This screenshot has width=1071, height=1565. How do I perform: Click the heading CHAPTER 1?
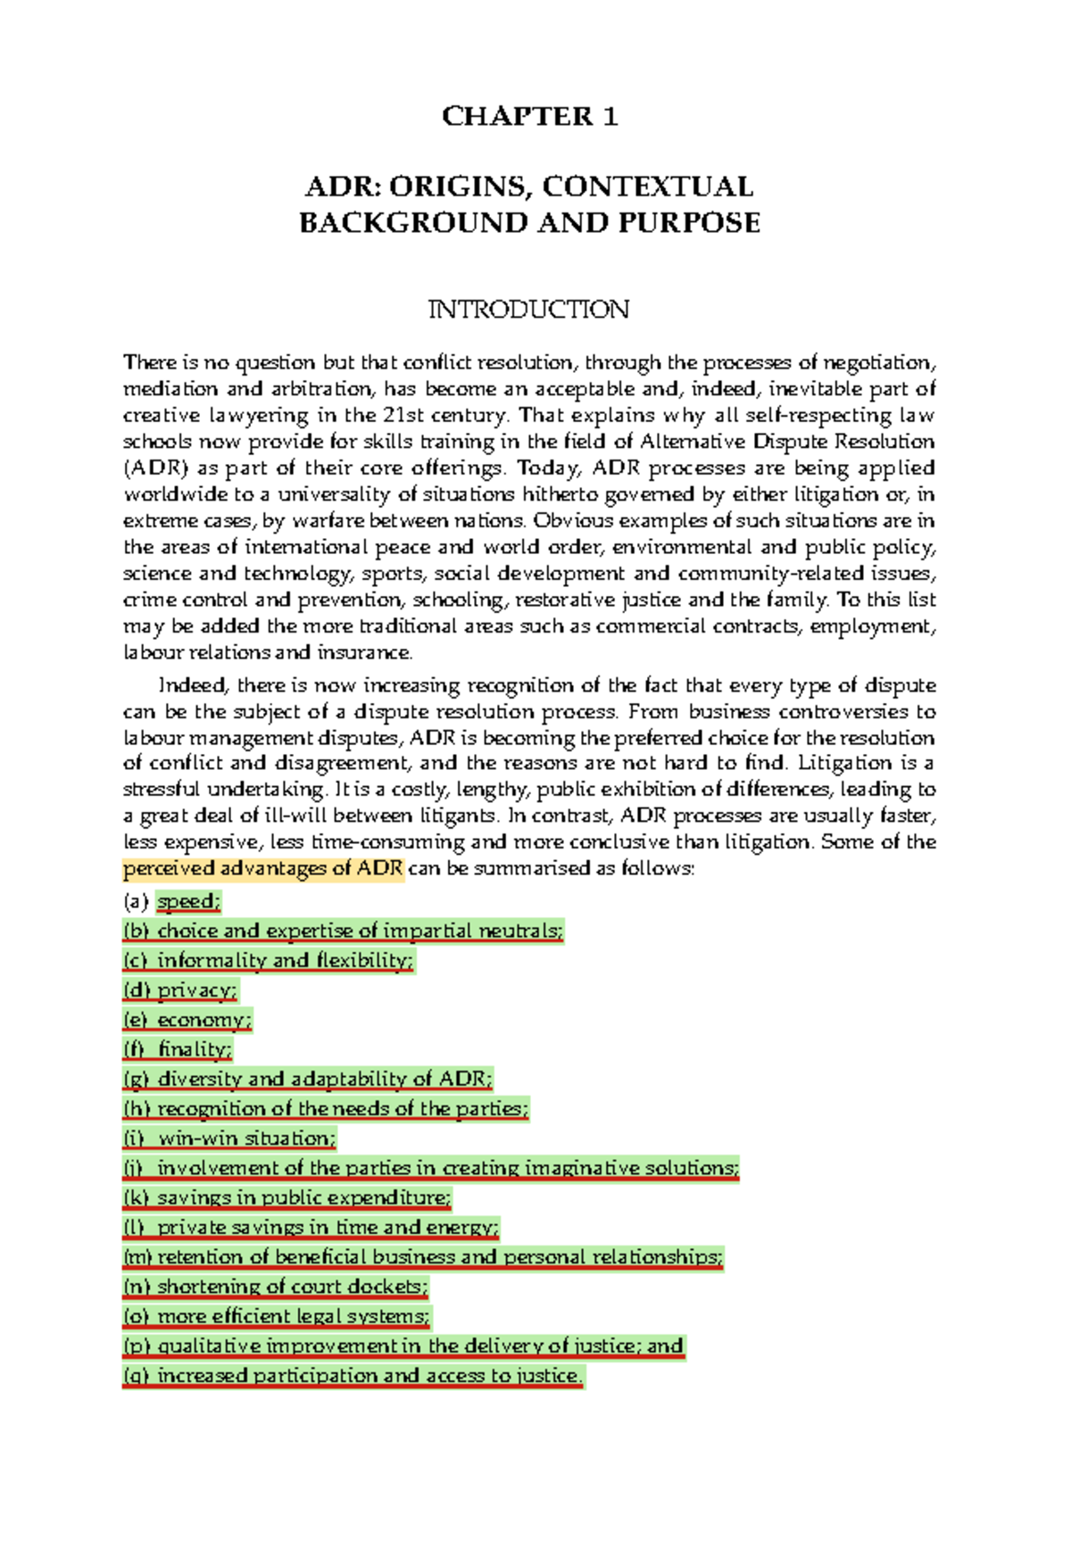529,116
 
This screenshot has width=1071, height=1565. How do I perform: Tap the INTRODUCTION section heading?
529,310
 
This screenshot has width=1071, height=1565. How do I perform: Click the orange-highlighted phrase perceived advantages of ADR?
263,868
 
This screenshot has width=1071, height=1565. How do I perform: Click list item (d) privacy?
180,990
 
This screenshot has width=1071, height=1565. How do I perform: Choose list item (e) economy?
187,1020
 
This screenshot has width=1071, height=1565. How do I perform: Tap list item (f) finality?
178,1049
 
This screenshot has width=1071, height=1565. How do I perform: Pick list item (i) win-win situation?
230,1139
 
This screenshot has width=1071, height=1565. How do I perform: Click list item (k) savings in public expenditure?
287,1197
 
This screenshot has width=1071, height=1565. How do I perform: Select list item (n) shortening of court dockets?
276,1287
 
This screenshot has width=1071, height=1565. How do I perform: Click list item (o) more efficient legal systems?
277,1316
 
